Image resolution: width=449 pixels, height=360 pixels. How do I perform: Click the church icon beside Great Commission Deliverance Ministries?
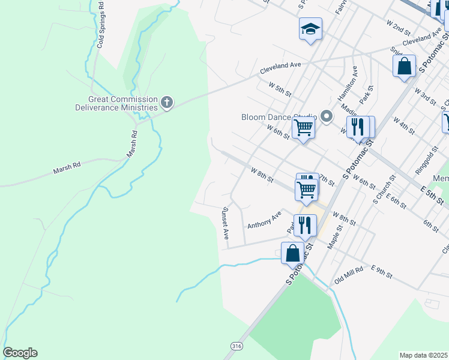[x=167, y=103]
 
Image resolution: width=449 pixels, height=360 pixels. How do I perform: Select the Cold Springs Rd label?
[x=100, y=25]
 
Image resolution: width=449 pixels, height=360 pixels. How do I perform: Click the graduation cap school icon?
[x=310, y=29]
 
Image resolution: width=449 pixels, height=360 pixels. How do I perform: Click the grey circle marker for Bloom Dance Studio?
[x=327, y=116]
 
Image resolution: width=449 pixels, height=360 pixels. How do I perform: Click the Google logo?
[x=20, y=353]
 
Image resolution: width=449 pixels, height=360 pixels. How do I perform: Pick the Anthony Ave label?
[x=264, y=220]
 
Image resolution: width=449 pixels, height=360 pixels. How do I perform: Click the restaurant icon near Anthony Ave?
[x=305, y=225]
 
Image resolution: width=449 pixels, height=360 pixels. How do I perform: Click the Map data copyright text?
[x=423, y=355]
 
